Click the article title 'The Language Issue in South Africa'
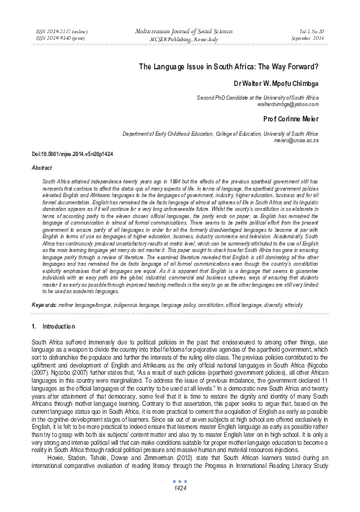tap(229, 66)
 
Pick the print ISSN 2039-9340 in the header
tap(45, 31)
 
